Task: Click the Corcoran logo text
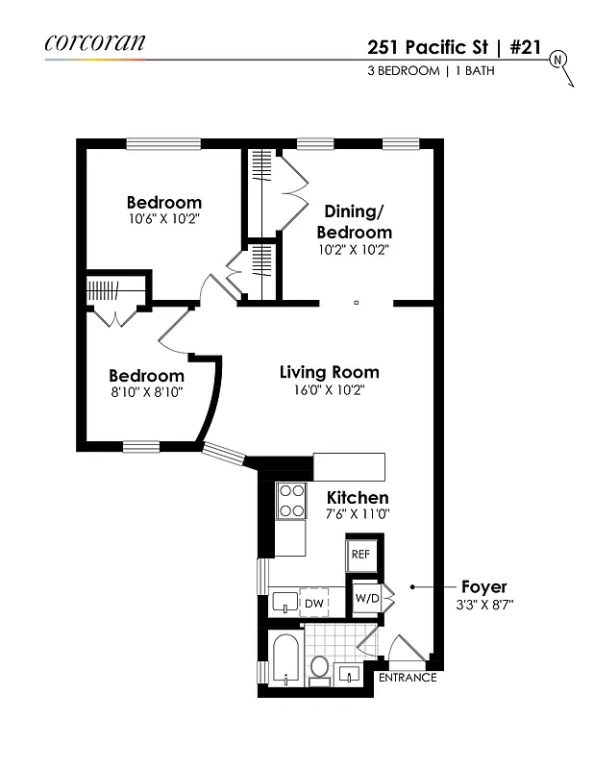point(94,41)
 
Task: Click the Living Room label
point(329,372)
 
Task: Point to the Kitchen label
point(358,497)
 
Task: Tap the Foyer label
point(483,586)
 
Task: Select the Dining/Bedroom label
point(356,221)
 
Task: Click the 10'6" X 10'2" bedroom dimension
point(164,220)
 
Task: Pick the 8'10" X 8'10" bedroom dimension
point(146,392)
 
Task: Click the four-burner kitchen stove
point(290,499)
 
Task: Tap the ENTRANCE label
point(408,678)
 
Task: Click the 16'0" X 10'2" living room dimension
point(329,390)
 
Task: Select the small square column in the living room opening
point(356,303)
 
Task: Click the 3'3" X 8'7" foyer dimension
point(483,606)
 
